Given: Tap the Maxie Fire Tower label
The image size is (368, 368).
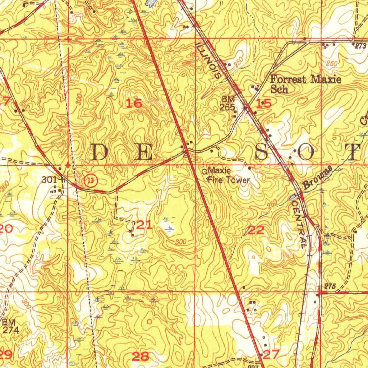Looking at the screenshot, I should coord(228,175).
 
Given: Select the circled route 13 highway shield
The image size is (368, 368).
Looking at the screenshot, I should coord(91,181).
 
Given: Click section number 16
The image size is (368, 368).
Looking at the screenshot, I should coord(134,104).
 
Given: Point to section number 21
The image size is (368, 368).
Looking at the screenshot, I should coord(144,225).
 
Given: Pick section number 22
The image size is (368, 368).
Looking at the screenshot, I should coord(256,230).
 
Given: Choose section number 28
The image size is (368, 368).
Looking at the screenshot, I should coord(141,356).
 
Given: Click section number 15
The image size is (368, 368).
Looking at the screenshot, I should coord(264,104).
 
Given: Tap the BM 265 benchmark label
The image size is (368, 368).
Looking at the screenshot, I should coord(228,103).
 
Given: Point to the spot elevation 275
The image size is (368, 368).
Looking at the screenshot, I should coord(330,286).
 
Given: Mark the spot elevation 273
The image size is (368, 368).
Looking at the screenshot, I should coord(360,46).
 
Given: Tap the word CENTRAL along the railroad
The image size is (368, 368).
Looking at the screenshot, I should coord(299,223).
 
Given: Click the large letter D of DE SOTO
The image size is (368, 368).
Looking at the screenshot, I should coord(100,152).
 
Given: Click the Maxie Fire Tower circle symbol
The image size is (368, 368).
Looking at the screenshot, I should coord(205,171).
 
